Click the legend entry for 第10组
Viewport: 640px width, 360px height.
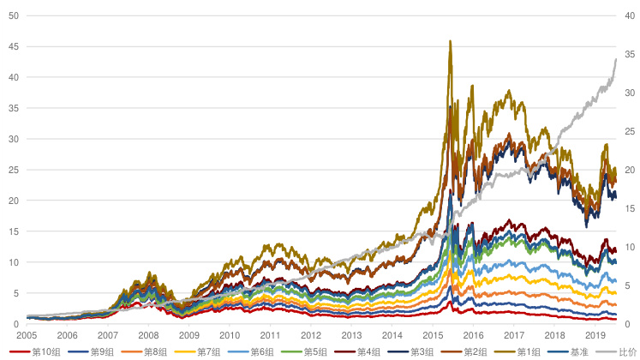43,351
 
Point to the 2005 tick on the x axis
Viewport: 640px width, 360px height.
27,335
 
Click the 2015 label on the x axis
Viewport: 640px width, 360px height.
433,335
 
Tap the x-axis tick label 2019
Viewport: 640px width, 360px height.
595,335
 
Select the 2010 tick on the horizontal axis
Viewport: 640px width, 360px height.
230,335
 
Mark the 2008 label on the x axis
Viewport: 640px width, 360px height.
148,335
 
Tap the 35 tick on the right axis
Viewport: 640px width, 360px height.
629,54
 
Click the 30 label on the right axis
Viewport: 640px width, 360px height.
629,93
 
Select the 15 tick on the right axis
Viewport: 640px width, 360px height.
629,208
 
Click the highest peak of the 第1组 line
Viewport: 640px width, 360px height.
450,40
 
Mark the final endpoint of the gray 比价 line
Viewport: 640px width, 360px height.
615,58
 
